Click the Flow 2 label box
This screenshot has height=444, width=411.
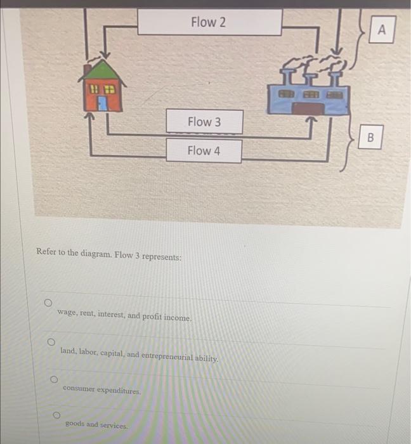coord(210,22)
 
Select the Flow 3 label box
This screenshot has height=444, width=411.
coord(204,122)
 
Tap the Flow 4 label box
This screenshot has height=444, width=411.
coord(204,151)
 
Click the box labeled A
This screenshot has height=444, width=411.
coord(382,29)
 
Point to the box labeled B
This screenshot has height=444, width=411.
coord(370,137)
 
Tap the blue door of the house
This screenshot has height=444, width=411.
coord(103,103)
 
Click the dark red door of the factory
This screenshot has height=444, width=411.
coord(308,108)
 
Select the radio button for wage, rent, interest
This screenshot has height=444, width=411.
coord(48,303)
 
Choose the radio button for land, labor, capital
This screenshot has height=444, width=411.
coord(51,342)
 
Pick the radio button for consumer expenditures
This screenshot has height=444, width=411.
coord(54,379)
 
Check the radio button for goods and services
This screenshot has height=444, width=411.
coord(56,415)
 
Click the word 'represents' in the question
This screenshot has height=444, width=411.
coord(161,257)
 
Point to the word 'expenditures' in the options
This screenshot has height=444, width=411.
coord(119,391)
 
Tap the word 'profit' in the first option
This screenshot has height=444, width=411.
coord(152,317)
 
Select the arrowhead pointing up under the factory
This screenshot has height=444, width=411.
coord(311,121)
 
